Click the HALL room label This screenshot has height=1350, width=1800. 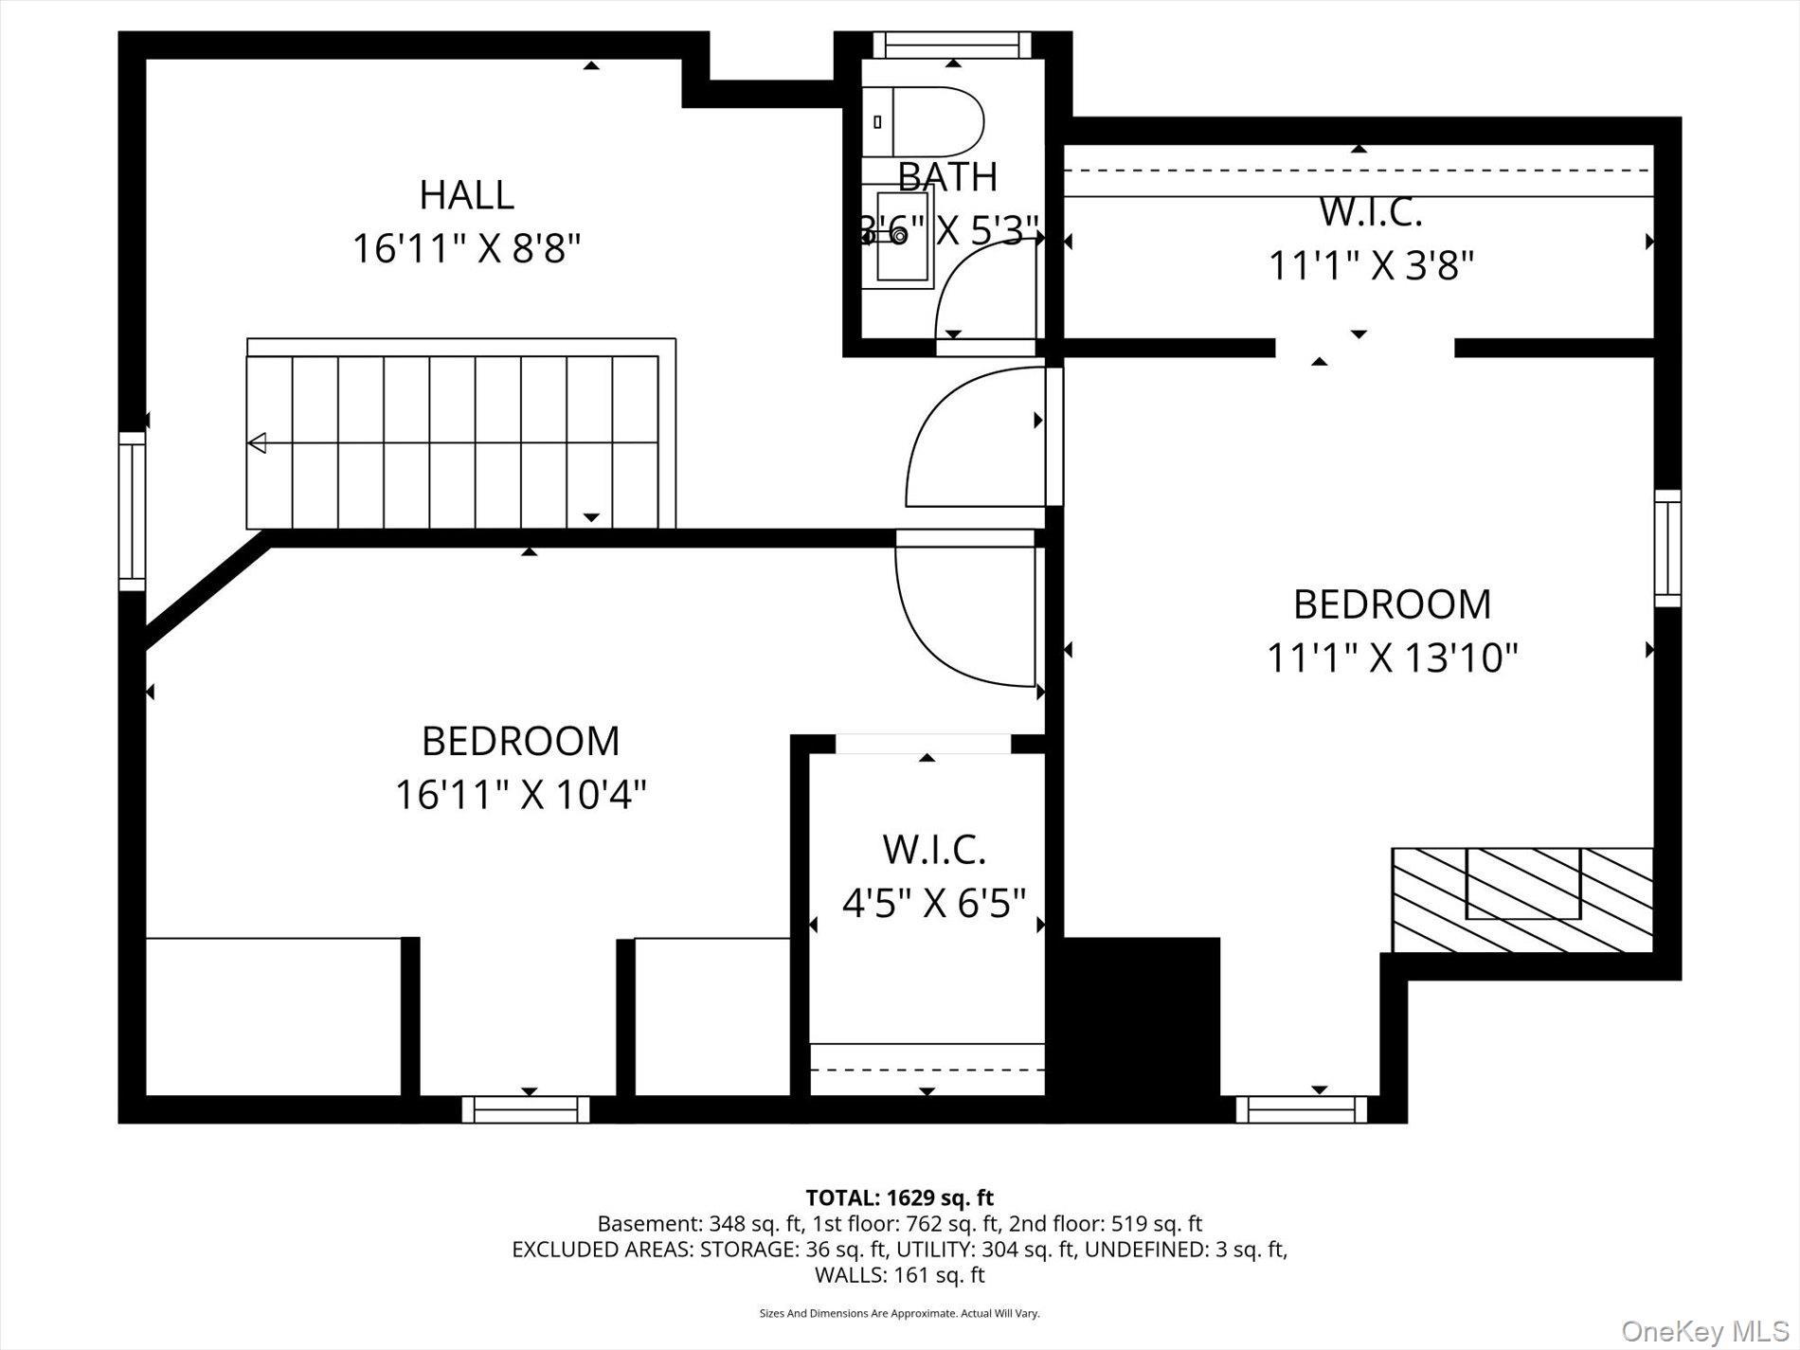click(x=466, y=195)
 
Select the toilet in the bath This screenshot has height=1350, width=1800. click(x=927, y=122)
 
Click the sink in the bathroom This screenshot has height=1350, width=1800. click(x=902, y=237)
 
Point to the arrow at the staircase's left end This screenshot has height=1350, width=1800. click(x=257, y=442)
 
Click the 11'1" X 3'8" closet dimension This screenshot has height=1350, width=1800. click(x=1371, y=266)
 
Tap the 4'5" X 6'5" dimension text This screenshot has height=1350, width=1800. click(x=934, y=903)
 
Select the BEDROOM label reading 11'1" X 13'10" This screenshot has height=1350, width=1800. click(x=1392, y=604)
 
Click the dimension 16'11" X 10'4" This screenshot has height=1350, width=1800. click(x=520, y=795)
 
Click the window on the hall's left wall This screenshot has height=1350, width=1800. click(x=132, y=511)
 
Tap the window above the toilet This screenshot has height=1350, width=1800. click(x=951, y=45)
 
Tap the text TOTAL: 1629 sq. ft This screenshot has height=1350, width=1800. click(x=899, y=1197)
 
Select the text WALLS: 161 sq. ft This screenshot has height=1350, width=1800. click(x=899, y=1275)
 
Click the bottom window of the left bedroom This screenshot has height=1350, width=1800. click(x=526, y=1108)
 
